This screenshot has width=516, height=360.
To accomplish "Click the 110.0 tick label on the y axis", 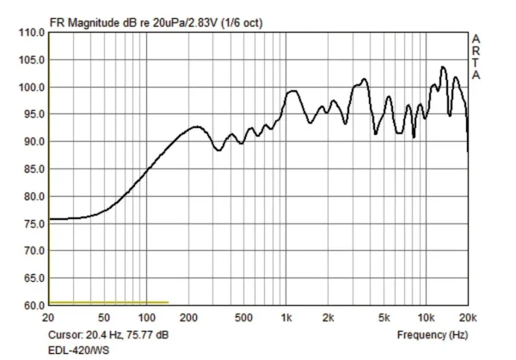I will [30, 33].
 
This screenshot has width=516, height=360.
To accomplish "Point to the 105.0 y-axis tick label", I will [30, 60].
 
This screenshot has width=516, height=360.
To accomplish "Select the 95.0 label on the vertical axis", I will [32, 114].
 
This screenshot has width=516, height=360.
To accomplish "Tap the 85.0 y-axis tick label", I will [32, 169].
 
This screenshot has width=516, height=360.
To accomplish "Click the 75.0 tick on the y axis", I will [32, 223].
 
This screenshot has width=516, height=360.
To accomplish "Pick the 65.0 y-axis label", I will [32, 278].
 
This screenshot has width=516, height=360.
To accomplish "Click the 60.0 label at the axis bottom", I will [32, 306].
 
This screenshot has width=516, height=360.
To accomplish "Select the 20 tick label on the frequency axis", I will [49, 318].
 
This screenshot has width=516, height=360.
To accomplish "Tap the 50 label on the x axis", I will [103, 318].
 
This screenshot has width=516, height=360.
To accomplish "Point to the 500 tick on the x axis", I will [243, 318].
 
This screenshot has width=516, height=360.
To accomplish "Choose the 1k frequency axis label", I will [286, 318].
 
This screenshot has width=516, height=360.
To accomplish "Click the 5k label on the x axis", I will [384, 318].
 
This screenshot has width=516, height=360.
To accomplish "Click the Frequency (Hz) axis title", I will [435, 333].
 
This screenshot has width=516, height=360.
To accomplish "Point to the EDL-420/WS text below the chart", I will [77, 351].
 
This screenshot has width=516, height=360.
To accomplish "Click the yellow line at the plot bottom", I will [108, 303].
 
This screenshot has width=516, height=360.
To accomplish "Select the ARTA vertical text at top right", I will [476, 57].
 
